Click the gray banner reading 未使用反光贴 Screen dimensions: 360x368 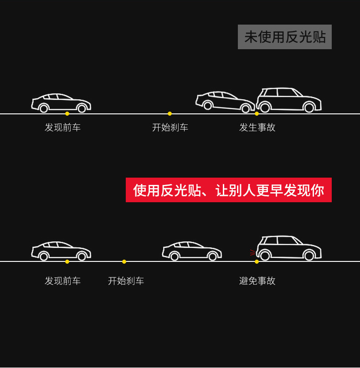pyautogui.click(x=284, y=37)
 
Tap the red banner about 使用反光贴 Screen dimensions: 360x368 pyautogui.click(x=228, y=190)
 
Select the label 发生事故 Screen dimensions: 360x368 pyautogui.click(x=257, y=128)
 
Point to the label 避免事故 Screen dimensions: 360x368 pyautogui.click(x=257, y=281)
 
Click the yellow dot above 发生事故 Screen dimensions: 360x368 pyautogui.click(x=257, y=113)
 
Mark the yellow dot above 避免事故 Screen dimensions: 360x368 pyautogui.click(x=257, y=261)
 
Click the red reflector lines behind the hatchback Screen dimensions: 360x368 pyautogui.click(x=252, y=252)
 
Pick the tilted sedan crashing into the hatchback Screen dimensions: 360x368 pyautogui.click(x=225, y=102)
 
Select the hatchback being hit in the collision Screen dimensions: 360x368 pyautogui.click(x=289, y=100)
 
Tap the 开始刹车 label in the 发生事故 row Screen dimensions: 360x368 pyautogui.click(x=170, y=128)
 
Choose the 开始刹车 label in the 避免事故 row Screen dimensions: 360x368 pyautogui.click(x=126, y=281)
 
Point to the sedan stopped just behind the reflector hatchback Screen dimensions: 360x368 pyautogui.click(x=192, y=251)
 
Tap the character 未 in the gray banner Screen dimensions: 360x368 pyautogui.click(x=251, y=37)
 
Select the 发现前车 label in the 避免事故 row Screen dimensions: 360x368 pyautogui.click(x=62, y=281)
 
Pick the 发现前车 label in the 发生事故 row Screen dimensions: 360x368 pyautogui.click(x=62, y=128)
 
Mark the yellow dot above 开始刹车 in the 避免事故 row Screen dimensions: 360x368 pyautogui.click(x=124, y=261)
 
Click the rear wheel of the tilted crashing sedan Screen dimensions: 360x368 pyautogui.click(x=208, y=106)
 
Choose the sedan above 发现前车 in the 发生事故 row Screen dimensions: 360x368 pyautogui.click(x=61, y=103)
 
